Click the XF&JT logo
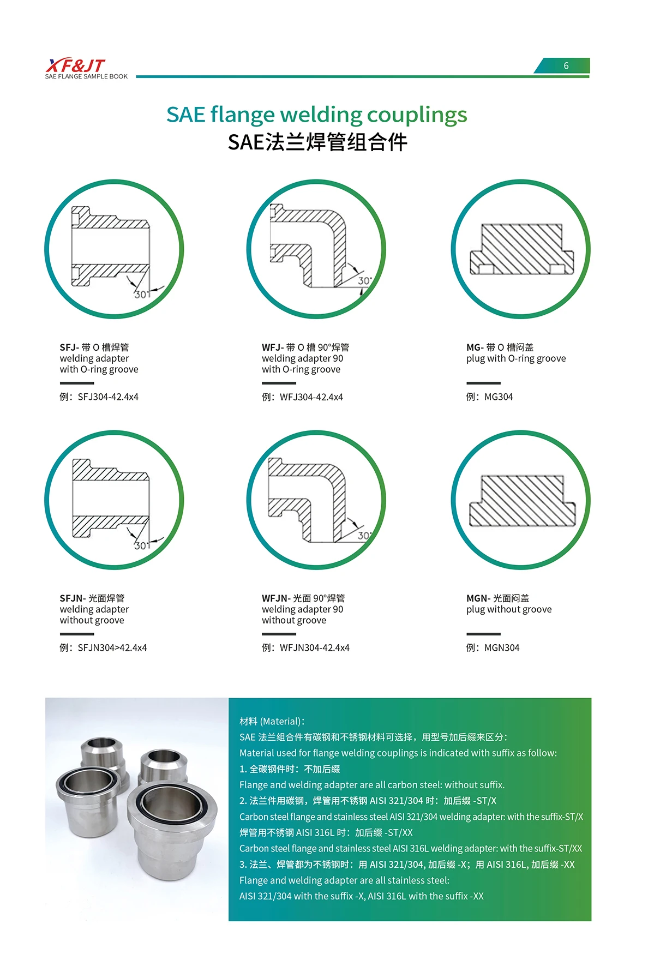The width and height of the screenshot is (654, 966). (x=76, y=66)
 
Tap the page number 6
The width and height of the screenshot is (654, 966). (x=566, y=66)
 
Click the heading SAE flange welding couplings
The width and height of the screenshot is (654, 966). (x=316, y=115)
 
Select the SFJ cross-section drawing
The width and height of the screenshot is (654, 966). (x=114, y=249)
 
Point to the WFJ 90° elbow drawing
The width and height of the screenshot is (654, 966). (x=316, y=249)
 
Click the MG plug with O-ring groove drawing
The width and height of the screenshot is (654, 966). (x=521, y=249)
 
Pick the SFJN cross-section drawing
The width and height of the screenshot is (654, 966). (x=114, y=500)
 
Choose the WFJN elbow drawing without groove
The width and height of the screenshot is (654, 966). (x=316, y=500)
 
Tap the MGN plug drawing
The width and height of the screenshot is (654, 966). (x=521, y=500)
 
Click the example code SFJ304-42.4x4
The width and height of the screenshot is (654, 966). (x=108, y=397)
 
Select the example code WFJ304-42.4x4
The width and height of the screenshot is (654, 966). (x=311, y=397)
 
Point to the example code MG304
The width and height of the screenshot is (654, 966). (x=499, y=397)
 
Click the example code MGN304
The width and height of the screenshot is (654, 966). (x=502, y=648)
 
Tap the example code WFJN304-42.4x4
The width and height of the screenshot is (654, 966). (x=315, y=648)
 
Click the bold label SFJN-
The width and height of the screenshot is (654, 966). (x=73, y=598)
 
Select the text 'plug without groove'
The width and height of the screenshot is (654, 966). (x=509, y=609)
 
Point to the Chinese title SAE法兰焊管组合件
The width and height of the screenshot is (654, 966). (x=317, y=142)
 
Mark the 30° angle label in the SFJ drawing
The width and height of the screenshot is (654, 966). (x=142, y=294)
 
